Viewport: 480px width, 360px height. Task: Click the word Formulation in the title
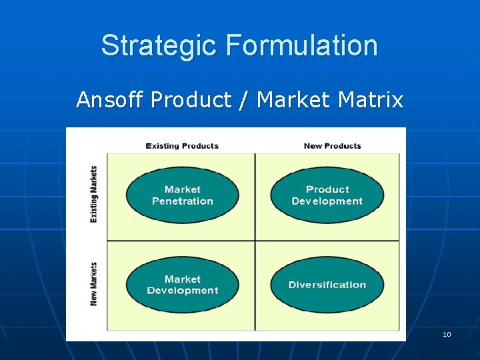pyautogui.click(x=301, y=45)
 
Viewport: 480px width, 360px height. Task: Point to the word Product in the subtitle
pyautogui.click(x=191, y=100)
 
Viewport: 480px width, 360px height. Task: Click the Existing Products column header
pyautogui.click(x=182, y=146)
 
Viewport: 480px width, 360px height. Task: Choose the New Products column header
pyautogui.click(x=332, y=146)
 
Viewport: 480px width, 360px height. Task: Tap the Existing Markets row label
pyautogui.click(x=94, y=194)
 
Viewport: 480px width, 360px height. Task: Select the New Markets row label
pyautogui.click(x=94, y=284)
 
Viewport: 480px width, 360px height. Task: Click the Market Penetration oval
pyautogui.click(x=182, y=195)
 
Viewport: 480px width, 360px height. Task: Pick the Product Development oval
pyautogui.click(x=327, y=195)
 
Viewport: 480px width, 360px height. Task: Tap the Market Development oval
pyautogui.click(x=182, y=285)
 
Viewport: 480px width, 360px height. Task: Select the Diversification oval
pyautogui.click(x=327, y=285)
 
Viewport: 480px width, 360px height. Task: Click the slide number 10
pyautogui.click(x=447, y=334)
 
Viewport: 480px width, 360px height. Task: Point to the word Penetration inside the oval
pyautogui.click(x=182, y=201)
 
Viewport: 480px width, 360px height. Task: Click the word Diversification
pyautogui.click(x=327, y=285)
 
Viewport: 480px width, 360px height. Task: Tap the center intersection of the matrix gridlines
pyautogui.click(x=255, y=241)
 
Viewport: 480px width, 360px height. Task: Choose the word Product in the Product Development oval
pyautogui.click(x=327, y=189)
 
